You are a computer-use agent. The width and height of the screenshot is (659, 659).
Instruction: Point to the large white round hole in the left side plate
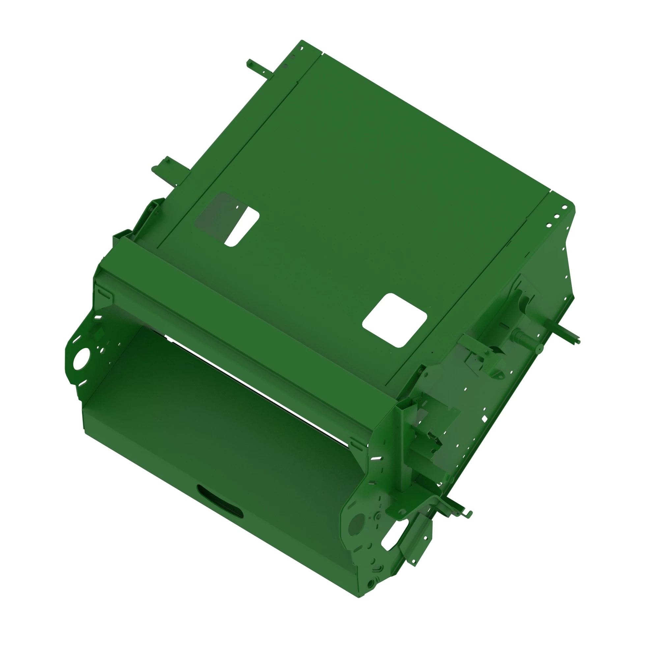point(82,358)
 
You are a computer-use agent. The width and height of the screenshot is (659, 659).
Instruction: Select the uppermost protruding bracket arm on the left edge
point(259,68)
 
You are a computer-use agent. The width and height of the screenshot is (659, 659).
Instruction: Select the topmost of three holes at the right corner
point(564,207)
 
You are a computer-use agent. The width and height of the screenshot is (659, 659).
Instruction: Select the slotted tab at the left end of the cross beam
point(104,293)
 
